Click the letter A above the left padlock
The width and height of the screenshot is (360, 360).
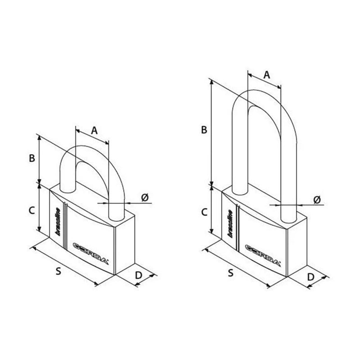(x=94, y=130)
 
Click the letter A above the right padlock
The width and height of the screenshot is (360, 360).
(x=266, y=75)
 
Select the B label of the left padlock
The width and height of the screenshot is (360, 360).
(x=32, y=158)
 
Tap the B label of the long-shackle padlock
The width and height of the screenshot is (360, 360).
(x=204, y=130)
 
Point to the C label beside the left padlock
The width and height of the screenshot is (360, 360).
(x=31, y=211)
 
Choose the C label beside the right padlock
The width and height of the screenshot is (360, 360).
(x=204, y=212)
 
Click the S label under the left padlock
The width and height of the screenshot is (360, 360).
(x=58, y=271)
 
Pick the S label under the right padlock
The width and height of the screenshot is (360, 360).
(x=231, y=273)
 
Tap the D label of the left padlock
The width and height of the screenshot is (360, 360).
(x=139, y=275)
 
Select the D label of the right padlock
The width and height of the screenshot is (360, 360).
(x=310, y=277)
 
